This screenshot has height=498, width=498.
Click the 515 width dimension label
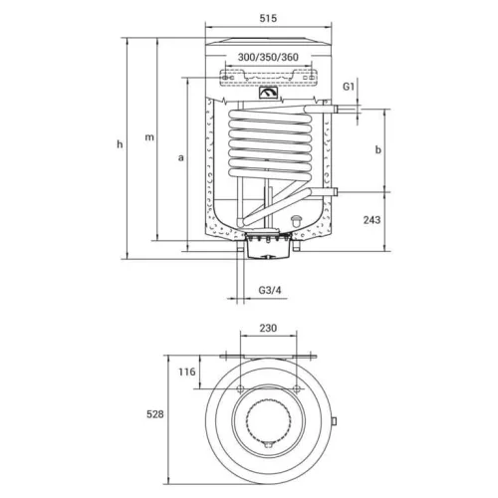[268, 18]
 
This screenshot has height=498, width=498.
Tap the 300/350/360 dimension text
[268, 57]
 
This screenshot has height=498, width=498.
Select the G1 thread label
[349, 87]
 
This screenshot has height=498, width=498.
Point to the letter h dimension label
[120, 144]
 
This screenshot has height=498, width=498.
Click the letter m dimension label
[149, 136]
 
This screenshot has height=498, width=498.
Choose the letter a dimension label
[180, 157]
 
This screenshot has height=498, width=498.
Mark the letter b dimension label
[378, 149]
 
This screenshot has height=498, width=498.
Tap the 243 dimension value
[372, 220]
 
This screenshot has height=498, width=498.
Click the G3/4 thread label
[270, 290]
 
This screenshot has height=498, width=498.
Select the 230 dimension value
[268, 328]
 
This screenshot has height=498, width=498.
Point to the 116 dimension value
[187, 372]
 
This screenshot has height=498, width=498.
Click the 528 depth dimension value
[155, 414]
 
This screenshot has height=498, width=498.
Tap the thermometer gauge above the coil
[268, 93]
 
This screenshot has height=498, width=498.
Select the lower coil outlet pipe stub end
[336, 192]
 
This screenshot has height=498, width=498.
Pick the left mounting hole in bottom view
[240, 388]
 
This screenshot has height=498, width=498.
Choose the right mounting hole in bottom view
[297, 388]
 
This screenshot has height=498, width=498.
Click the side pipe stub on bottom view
[334, 421]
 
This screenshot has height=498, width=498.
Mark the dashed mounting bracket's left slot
[227, 78]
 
